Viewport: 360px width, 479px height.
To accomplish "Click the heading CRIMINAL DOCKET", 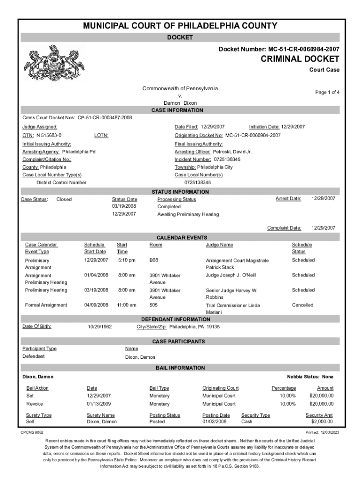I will pyautogui.click(x=300, y=59).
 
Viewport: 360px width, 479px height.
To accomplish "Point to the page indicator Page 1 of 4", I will pyautogui.click(x=327, y=93).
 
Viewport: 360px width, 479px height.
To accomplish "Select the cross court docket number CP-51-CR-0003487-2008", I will pyautogui.click(x=105, y=118).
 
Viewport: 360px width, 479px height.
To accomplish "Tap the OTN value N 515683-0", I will pyautogui.click(x=49, y=135).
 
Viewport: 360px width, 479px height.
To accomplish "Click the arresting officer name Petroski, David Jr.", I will pyautogui.click(x=232, y=152).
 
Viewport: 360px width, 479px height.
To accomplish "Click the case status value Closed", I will pyautogui.click(x=64, y=199).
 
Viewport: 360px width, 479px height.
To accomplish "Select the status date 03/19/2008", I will pyautogui.click(x=124, y=206).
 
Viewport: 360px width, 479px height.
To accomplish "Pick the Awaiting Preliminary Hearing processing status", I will pyautogui.click(x=188, y=214).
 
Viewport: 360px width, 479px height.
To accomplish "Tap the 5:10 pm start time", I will pyautogui.click(x=126, y=260).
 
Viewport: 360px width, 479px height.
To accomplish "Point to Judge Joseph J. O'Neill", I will pyautogui.click(x=231, y=275).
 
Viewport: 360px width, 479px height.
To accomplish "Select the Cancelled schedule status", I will pyautogui.click(x=302, y=305).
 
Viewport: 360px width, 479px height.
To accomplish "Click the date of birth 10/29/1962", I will pyautogui.click(x=100, y=327).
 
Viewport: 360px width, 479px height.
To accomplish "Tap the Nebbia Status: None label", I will pyautogui.click(x=310, y=377).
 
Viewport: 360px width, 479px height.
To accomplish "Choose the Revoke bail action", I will pyautogui.click(x=35, y=404).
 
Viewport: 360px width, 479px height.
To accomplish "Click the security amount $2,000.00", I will pyautogui.click(x=322, y=422).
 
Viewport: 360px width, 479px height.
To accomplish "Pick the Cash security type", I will pyautogui.click(x=247, y=422).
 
